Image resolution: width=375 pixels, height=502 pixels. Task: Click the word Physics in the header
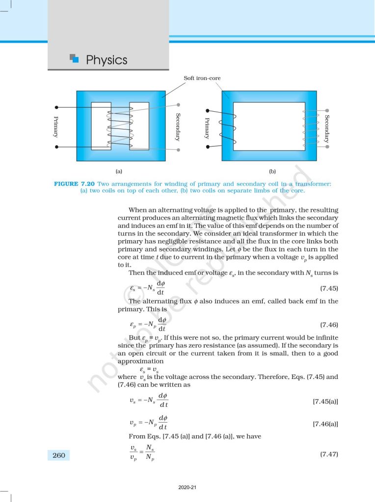pos(107,60)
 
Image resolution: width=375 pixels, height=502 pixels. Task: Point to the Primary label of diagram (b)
pos(207,128)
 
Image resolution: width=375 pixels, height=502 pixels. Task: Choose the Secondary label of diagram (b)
pos(327,129)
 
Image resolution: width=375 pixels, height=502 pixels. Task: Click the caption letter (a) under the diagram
pos(118,172)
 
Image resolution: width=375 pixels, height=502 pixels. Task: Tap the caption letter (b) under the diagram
pos(272,172)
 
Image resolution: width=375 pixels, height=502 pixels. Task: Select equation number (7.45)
pos(329,288)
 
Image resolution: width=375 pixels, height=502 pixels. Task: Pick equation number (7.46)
pos(329,325)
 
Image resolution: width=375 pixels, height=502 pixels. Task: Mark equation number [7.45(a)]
pos(325,402)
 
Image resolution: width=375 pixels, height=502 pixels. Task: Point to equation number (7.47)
pos(329,454)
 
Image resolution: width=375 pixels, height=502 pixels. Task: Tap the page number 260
pos(59,455)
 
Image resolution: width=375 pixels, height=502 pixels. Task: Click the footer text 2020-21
pos(187,488)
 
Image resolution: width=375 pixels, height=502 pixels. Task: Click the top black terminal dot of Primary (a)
pos(57,107)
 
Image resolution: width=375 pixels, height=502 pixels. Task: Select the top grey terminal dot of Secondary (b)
pos(327,111)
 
